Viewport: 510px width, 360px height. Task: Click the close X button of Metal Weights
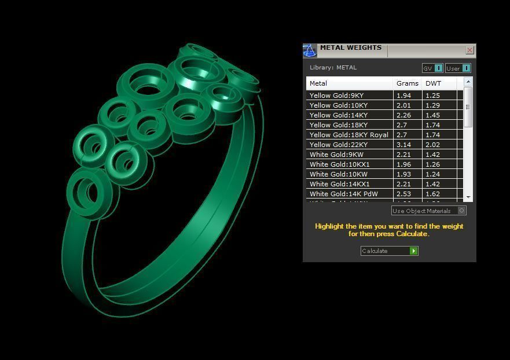(469, 50)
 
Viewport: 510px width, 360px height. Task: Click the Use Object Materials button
(428, 211)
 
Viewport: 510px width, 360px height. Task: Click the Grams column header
(407, 83)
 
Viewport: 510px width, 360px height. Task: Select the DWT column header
(433, 83)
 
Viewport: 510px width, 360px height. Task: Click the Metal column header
(318, 83)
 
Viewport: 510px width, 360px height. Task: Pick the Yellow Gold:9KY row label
(336, 95)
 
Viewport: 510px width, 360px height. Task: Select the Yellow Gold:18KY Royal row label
(348, 135)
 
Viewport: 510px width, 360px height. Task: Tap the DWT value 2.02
(432, 145)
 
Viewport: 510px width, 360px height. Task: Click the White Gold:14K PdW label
(343, 194)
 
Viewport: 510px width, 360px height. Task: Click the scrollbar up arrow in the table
(468, 82)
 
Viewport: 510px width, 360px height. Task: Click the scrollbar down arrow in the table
(468, 197)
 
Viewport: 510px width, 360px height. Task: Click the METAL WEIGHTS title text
(350, 48)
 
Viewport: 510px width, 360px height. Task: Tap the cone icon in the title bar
(310, 51)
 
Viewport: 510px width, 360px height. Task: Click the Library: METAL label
(333, 68)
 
